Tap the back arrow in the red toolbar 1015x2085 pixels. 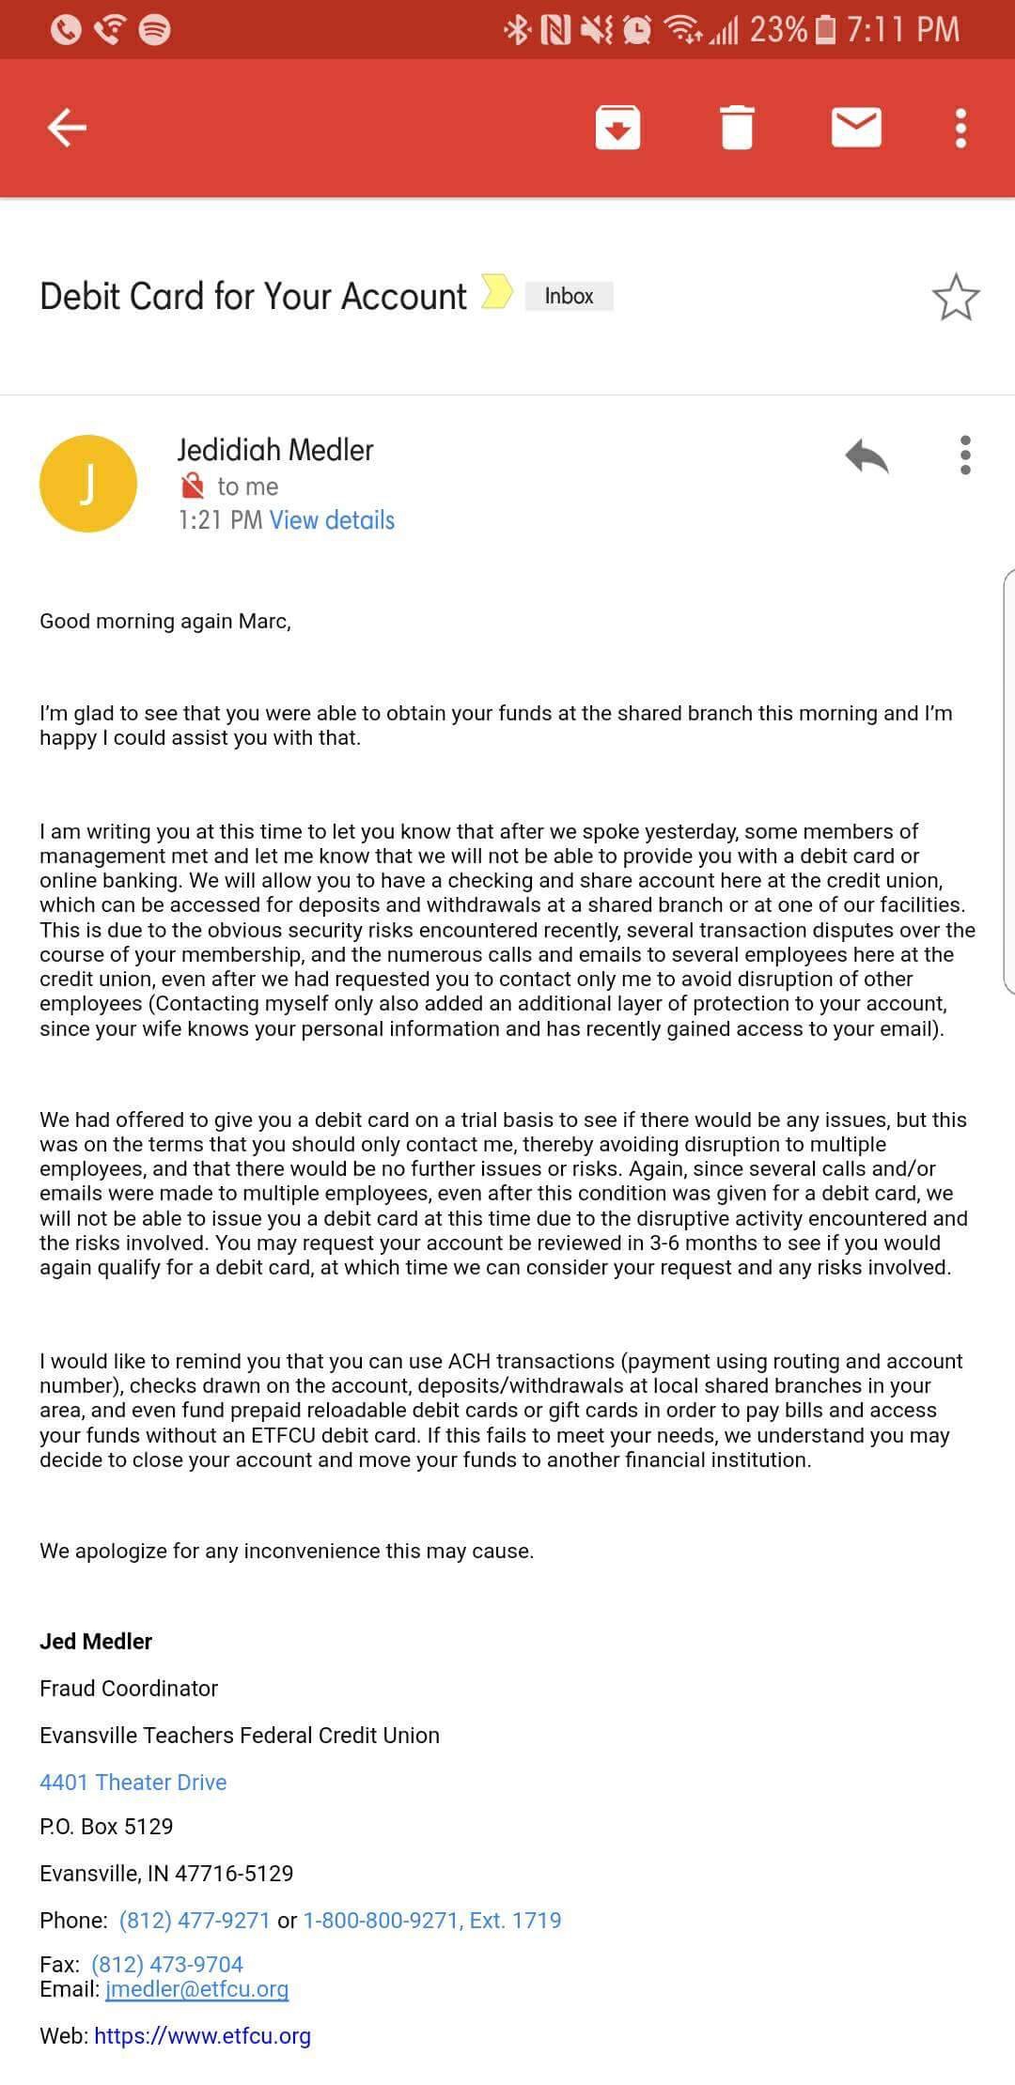tap(67, 128)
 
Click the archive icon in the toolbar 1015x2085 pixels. tap(617, 128)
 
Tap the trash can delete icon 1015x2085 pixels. tap(737, 128)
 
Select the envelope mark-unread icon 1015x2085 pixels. tap(856, 128)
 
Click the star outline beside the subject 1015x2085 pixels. tap(956, 298)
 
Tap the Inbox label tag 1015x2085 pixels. tap(569, 297)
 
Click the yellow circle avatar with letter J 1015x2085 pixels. tap(88, 484)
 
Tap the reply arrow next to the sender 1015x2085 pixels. tap(867, 456)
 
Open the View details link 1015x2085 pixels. tap(332, 520)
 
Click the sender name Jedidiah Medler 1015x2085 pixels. tap(275, 451)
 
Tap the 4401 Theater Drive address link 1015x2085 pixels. tap(133, 1783)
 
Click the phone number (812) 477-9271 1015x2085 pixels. tap(195, 1921)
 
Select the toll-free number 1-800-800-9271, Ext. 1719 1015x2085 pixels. tap(431, 1921)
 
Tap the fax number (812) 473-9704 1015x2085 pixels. tap(167, 1965)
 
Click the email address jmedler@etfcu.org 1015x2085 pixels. tap(196, 1989)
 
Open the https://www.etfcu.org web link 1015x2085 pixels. tap(202, 2036)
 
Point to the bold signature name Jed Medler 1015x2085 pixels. tap(96, 1642)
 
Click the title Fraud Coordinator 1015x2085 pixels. tap(129, 1689)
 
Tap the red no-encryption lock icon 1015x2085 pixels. tap(192, 486)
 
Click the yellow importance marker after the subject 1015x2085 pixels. tap(496, 291)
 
